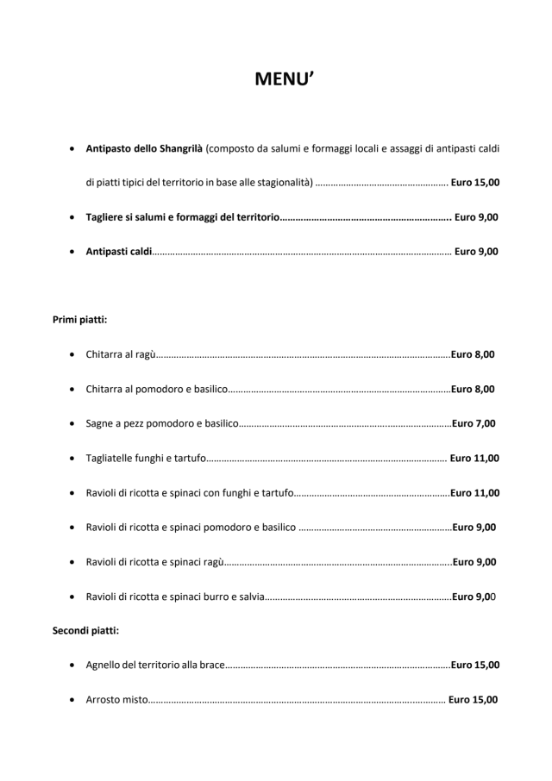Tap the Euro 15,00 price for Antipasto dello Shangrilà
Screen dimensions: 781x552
tap(474, 183)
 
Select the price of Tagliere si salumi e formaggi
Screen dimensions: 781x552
tap(476, 217)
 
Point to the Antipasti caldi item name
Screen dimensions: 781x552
tap(119, 252)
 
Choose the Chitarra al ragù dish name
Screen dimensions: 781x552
tap(121, 354)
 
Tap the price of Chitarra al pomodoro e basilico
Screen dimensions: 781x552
tap(473, 389)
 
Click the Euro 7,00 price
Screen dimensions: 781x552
tap(474, 423)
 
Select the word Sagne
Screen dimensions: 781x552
tap(100, 423)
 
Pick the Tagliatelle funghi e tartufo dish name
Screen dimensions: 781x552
tap(146, 459)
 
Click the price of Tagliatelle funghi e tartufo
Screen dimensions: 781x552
tap(474, 459)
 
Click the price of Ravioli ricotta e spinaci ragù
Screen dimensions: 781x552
tap(474, 562)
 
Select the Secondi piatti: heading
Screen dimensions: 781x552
tap(86, 630)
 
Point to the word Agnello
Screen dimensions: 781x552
tap(104, 665)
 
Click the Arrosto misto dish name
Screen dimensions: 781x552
tap(117, 700)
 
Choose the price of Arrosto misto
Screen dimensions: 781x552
tap(473, 700)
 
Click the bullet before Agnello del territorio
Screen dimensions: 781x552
tap(70, 665)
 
